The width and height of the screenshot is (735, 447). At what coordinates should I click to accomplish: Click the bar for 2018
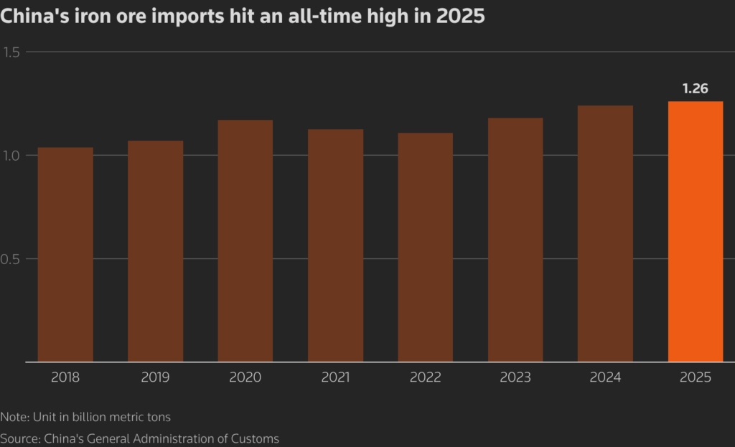click(65, 254)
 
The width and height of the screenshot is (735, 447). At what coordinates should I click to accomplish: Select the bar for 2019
click(155, 251)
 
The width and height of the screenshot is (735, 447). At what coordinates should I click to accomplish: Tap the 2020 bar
click(245, 240)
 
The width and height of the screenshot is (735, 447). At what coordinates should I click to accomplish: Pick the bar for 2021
click(335, 245)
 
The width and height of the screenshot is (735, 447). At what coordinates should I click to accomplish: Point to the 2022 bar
click(426, 247)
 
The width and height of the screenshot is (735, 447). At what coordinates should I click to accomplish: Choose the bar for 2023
click(515, 240)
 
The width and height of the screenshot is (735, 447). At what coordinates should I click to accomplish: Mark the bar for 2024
click(605, 233)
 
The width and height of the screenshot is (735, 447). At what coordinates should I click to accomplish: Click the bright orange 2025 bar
click(696, 231)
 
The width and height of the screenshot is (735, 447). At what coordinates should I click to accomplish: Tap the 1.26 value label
click(696, 89)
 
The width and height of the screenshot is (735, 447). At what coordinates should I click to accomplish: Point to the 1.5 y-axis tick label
click(13, 52)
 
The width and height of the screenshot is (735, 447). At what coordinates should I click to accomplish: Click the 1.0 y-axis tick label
click(13, 155)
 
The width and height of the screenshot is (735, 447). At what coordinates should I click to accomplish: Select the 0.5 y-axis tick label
click(13, 259)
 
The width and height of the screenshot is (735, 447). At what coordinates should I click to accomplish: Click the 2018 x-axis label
click(65, 377)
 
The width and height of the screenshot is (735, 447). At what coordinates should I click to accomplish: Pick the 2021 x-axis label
click(335, 377)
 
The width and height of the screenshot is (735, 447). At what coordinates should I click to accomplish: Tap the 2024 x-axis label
click(605, 377)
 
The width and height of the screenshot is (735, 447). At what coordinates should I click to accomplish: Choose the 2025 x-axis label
click(696, 377)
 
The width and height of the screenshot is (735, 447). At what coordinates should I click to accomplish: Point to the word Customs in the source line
click(256, 438)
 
